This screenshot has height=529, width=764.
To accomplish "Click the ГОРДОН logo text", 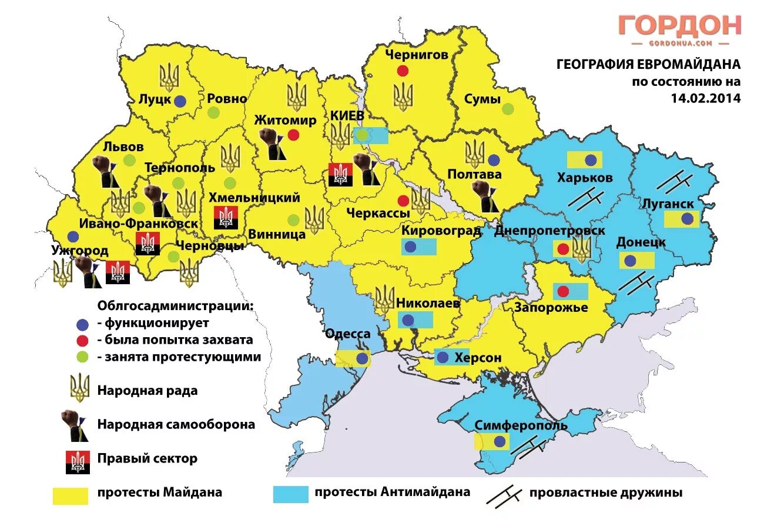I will [x=679, y=26].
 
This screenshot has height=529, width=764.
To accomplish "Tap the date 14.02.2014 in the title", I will [x=705, y=98].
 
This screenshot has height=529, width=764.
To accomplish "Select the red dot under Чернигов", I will [x=403, y=71].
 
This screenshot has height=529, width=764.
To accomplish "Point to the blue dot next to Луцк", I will [x=180, y=101].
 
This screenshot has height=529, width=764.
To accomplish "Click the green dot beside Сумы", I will [x=508, y=109].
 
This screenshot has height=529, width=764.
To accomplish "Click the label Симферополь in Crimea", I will [x=521, y=425].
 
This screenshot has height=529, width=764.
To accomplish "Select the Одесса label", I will [x=347, y=334].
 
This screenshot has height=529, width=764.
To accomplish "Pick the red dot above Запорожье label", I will [x=563, y=291].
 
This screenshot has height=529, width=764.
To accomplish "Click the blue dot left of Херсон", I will [x=443, y=357].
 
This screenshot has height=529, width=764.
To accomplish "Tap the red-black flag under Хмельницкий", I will [x=225, y=218].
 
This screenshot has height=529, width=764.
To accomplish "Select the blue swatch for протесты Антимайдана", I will [x=290, y=494].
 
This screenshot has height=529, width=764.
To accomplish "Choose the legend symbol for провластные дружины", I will [x=504, y=495].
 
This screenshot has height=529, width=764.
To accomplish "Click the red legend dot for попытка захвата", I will [x=82, y=340].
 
